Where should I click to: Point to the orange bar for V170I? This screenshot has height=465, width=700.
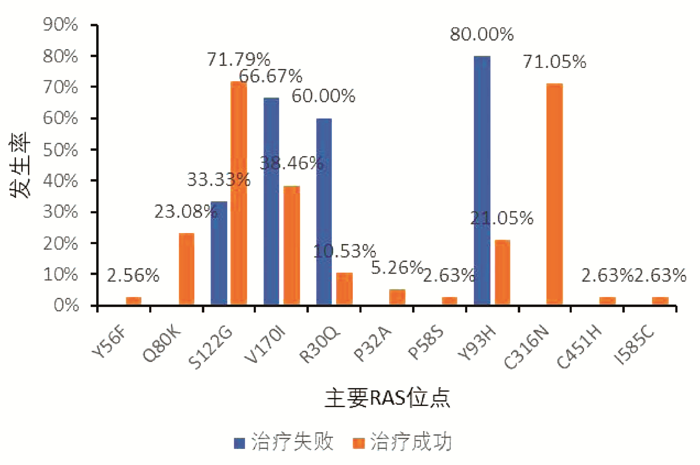tap(292, 246)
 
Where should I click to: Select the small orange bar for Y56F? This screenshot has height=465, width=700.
tap(134, 301)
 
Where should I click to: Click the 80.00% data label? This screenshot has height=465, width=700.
tap(481, 34)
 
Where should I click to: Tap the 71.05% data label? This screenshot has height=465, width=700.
tap(554, 62)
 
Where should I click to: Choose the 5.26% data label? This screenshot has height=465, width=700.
tap(397, 268)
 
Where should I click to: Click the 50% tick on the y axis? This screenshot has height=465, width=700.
tap(60, 150)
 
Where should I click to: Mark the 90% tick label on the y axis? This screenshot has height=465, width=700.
tap(60, 25)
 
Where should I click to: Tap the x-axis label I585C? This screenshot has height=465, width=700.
tap(634, 346)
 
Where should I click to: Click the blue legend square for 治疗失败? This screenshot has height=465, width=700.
tap(239, 443)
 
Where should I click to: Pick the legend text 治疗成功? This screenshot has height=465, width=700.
tap(411, 442)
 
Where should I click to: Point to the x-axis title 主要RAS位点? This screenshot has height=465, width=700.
tap(387, 398)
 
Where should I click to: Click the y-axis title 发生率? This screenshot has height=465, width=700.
tap(20, 165)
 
